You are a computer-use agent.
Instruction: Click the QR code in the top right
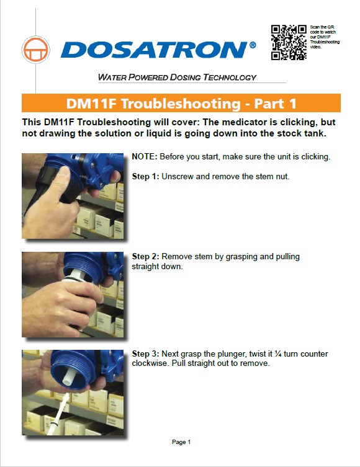pyautogui.click(x=289, y=43)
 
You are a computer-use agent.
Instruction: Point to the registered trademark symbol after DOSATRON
pyautogui.click(x=252, y=45)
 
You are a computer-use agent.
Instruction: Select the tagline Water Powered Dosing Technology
pyautogui.click(x=177, y=78)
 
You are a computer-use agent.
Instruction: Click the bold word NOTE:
pyautogui.click(x=145, y=157)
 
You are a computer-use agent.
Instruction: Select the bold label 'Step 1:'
pyautogui.click(x=146, y=177)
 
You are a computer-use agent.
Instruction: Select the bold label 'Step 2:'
pyautogui.click(x=146, y=256)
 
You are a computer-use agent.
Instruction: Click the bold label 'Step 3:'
pyautogui.click(x=146, y=354)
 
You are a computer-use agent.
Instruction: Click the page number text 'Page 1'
pyautogui.click(x=181, y=442)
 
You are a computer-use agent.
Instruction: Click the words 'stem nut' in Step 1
pyautogui.click(x=273, y=177)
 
